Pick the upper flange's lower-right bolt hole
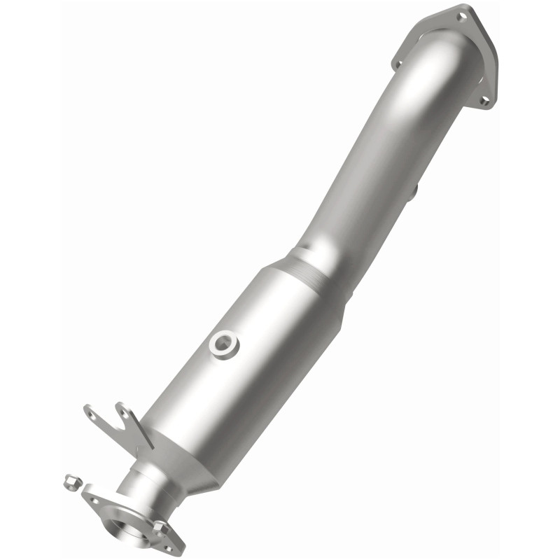484,101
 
